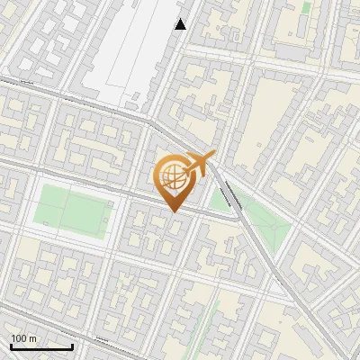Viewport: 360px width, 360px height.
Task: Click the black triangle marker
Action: pos(181,24)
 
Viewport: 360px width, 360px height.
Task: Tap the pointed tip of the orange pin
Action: pos(173,211)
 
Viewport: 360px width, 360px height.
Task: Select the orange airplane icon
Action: pos(197,166)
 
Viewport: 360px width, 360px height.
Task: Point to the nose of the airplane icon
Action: pos(213,156)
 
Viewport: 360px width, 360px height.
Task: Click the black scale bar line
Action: pos(41,346)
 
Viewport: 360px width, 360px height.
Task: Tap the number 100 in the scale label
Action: pos(18,338)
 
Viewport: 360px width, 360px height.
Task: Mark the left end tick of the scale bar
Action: pos(10,345)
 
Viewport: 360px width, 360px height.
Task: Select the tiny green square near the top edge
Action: pos(306,7)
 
